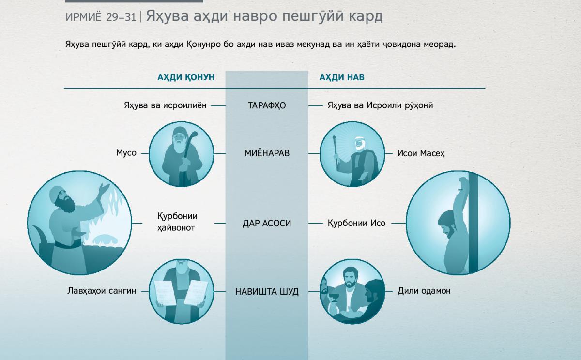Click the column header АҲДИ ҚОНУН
click(x=186, y=77)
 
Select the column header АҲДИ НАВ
click(x=342, y=77)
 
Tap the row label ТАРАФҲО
click(x=267, y=105)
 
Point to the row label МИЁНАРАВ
click(x=267, y=153)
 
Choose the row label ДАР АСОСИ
click(x=267, y=223)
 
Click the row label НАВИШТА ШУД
click(x=267, y=292)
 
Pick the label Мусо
click(x=126, y=153)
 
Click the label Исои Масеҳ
click(x=421, y=153)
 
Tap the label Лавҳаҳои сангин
click(x=102, y=291)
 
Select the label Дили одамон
click(x=424, y=291)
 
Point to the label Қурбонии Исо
click(x=356, y=223)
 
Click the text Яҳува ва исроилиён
click(x=165, y=105)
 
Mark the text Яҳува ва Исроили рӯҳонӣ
click(x=380, y=105)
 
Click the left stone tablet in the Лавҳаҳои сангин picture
click(x=165, y=293)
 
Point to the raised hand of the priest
click(x=105, y=189)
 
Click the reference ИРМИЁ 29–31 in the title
click(x=101, y=17)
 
